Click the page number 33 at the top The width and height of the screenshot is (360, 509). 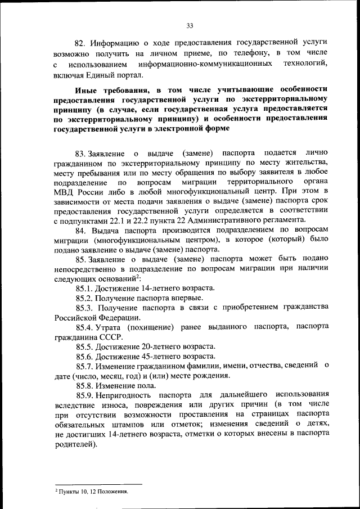tap(190, 25)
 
